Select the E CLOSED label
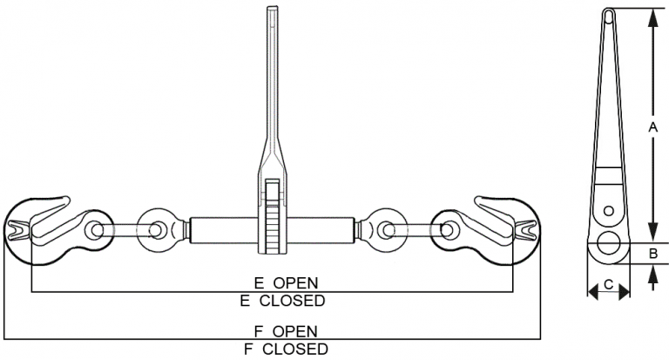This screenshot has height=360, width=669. (282, 301)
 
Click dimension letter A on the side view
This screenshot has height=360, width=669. (652, 127)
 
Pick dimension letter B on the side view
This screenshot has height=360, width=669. (652, 254)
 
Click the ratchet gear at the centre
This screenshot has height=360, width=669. (273, 218)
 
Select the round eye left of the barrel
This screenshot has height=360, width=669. (158, 230)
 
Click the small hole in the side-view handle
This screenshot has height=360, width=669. (609, 210)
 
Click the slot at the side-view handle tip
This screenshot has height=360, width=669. (609, 15)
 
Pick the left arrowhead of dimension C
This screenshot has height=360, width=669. (591, 294)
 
